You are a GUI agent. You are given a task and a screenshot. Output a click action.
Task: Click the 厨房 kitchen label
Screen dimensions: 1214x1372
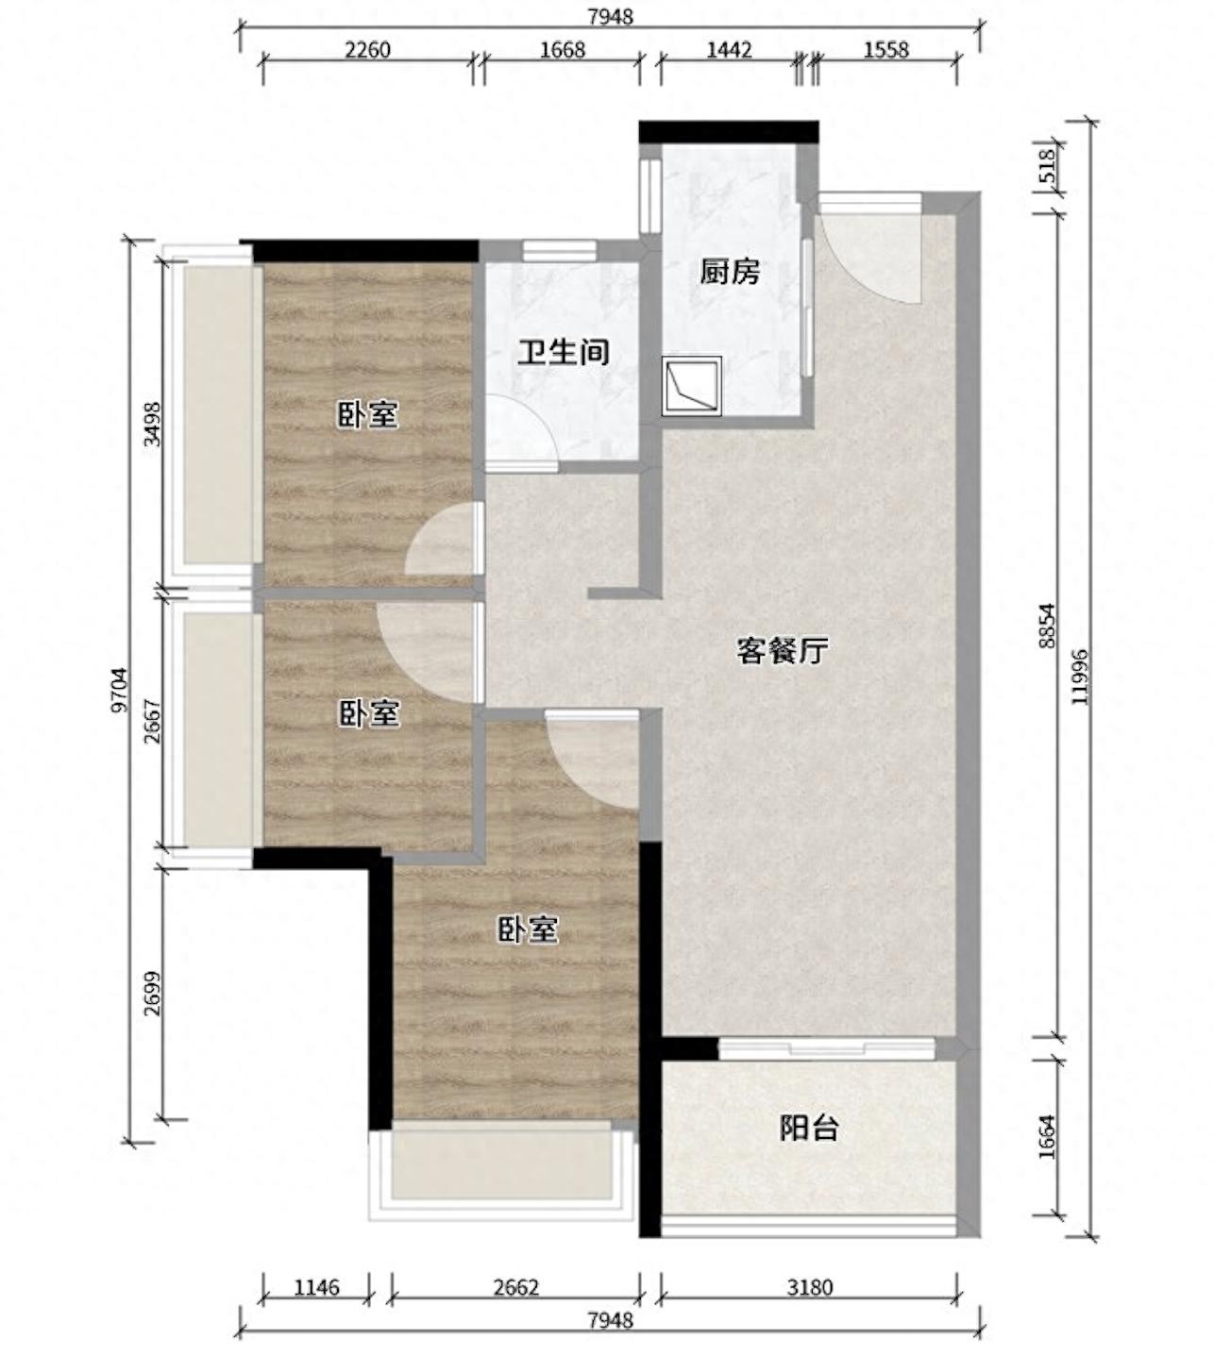coord(729,273)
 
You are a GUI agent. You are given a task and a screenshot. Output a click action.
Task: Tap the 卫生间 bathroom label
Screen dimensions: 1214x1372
coord(564,352)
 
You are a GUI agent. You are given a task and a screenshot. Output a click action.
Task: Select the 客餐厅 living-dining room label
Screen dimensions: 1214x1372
coord(782,651)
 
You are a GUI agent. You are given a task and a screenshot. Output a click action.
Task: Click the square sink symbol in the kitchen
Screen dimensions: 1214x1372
coord(691,386)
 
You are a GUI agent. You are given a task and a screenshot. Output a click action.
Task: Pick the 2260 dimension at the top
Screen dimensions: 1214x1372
coord(367,50)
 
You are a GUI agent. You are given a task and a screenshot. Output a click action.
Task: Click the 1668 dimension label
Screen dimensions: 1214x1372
coord(563,50)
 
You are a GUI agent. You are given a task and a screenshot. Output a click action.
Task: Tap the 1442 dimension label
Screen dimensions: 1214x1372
coord(729,50)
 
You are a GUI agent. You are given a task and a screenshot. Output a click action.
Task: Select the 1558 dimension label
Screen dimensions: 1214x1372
coord(886,50)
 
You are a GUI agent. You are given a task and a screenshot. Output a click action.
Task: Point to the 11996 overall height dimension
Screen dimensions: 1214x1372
coord(1080,677)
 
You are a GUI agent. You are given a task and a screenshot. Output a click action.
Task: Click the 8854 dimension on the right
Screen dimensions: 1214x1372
coord(1047,626)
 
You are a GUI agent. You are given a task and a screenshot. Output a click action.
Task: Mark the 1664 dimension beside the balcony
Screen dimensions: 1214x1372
coord(1047,1137)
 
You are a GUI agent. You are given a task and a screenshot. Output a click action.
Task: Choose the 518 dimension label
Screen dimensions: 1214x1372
coord(1047,167)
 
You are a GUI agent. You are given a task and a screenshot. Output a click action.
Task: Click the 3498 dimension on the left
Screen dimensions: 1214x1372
coord(154,424)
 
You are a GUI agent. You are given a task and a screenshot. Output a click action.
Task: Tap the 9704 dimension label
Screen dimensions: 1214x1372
coord(119,691)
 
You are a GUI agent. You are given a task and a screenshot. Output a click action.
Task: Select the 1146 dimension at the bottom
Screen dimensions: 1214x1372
coord(316,1287)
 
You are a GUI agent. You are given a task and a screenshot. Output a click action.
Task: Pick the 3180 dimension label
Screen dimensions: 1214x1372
coord(810,1287)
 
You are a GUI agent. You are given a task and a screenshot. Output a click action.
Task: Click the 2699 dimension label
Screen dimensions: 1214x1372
coord(154,993)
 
